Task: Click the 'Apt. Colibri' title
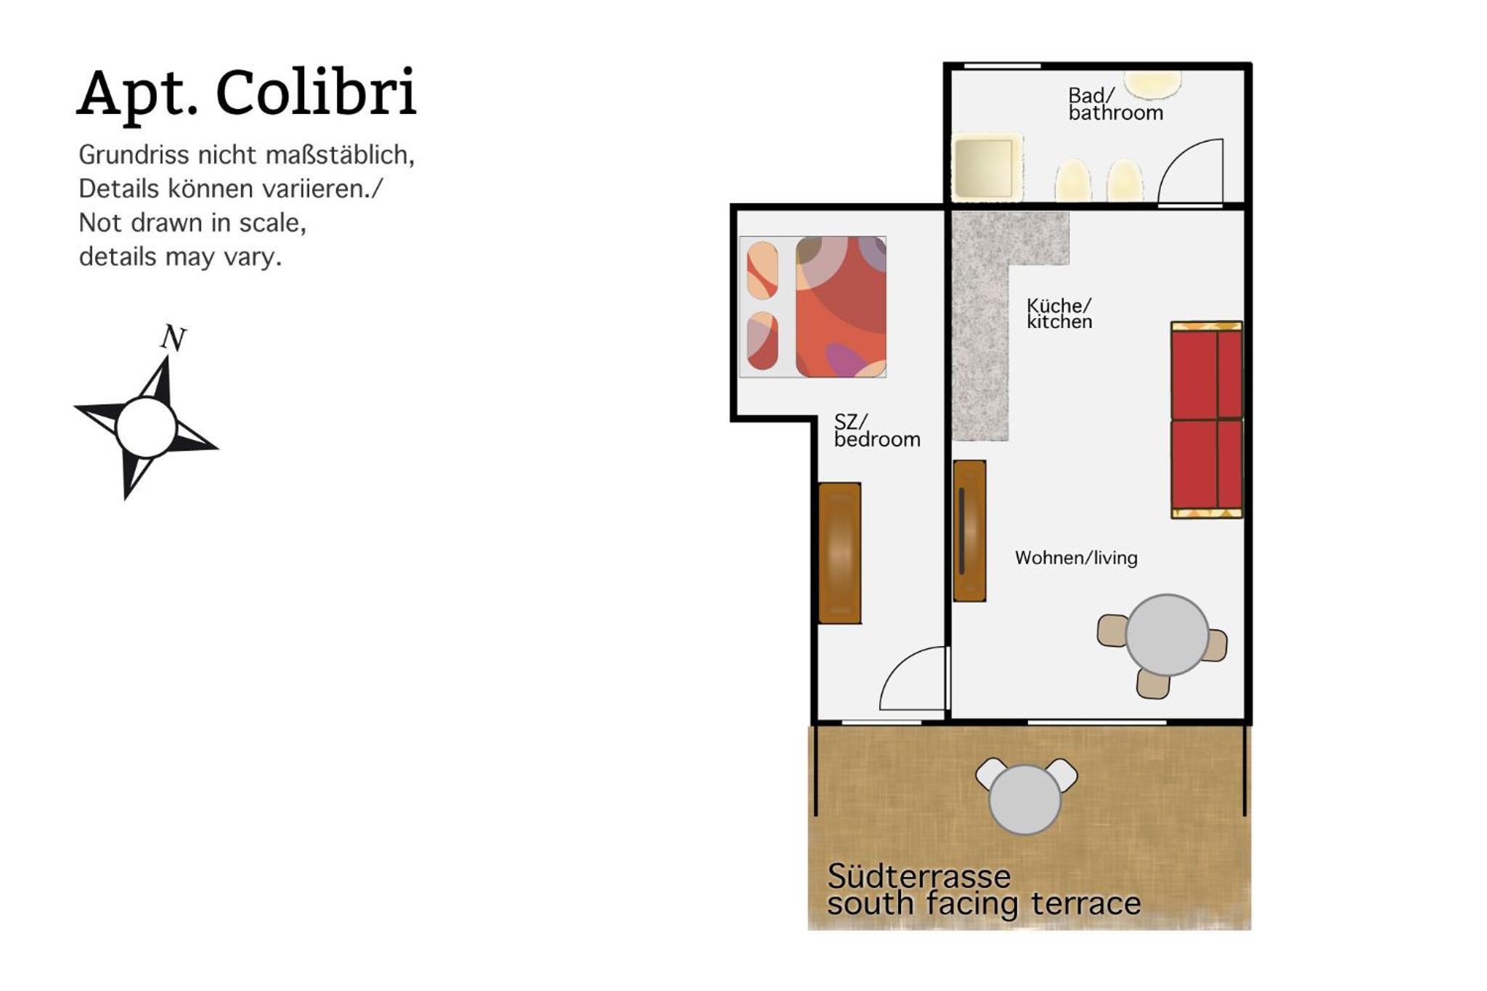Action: point(247,93)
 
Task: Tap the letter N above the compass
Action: point(174,338)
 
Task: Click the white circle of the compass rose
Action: point(146,427)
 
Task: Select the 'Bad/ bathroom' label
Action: point(1115,105)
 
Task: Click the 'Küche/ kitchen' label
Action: point(1059,314)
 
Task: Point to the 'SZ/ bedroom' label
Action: point(877,431)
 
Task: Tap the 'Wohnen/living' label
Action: point(1076,558)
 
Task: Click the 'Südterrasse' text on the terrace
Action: point(918,876)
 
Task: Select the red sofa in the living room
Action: point(1207,420)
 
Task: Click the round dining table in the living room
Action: point(1167,635)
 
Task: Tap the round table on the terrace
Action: point(1024,799)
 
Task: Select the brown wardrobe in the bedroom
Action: point(839,553)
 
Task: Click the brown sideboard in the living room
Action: point(969,531)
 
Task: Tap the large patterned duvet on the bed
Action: point(841,306)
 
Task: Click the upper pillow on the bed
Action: point(762,271)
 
